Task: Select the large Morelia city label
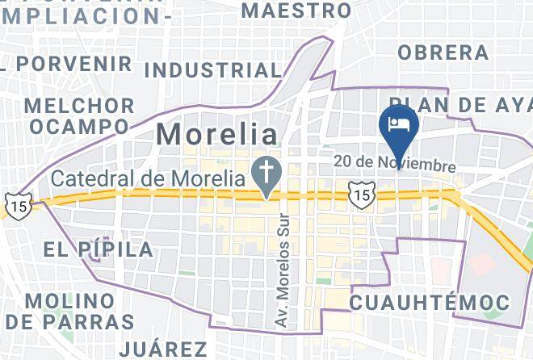(x=216, y=134)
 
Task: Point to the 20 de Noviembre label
(x=395, y=163)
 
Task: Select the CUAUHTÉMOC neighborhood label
(x=430, y=303)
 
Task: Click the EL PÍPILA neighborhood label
(x=99, y=249)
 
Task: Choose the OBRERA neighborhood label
(x=443, y=52)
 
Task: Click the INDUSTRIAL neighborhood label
(x=211, y=71)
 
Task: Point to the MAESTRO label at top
(x=296, y=10)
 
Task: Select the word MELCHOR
(x=80, y=106)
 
